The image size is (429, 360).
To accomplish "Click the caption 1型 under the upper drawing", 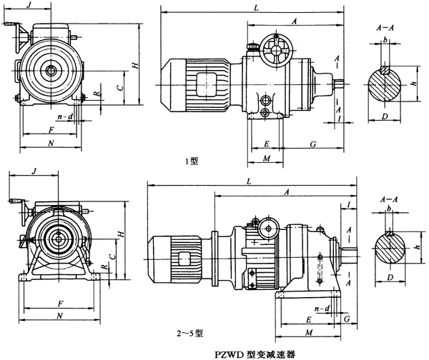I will pos(191,161).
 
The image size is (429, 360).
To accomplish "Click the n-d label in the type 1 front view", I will pos(64,116).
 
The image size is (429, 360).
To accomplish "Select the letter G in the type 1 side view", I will pos(312,144).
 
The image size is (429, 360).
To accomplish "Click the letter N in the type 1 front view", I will pos(51,144).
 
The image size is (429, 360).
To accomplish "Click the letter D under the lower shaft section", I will pos(390,276).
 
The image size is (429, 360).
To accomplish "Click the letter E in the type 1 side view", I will pos(265,144).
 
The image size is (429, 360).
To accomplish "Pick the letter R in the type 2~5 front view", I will pos(104,266).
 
